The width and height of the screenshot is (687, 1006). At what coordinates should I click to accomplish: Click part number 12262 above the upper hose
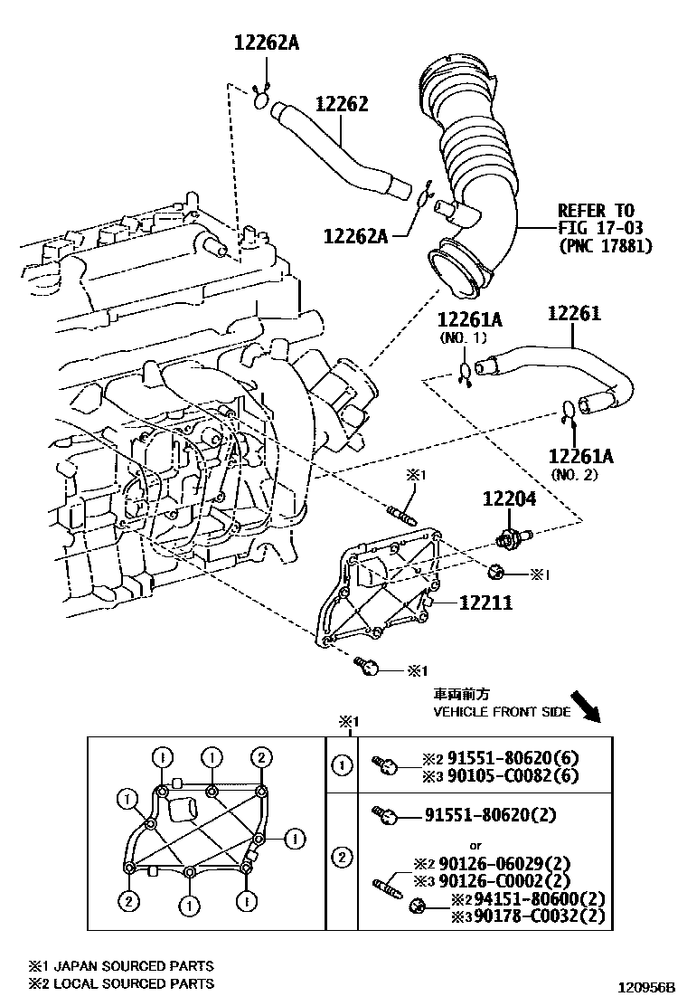343,104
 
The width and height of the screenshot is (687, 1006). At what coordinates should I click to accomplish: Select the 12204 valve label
510,498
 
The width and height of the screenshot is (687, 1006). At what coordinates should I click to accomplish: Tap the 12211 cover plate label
485,603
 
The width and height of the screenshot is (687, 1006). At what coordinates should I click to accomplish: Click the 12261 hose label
574,313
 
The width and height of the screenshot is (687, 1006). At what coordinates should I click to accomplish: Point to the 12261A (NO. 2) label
580,463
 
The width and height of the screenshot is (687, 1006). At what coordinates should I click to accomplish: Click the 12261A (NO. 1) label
470,327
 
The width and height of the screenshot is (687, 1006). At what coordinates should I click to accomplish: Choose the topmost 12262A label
267,43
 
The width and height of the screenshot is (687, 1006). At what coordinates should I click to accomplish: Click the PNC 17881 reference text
605,245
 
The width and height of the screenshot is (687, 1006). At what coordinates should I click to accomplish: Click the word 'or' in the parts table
475,846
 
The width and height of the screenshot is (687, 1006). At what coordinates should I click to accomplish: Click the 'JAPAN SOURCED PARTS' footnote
133,965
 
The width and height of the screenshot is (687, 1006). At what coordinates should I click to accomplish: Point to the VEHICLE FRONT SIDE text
502,711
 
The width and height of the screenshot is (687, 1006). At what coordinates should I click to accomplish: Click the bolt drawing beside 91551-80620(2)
386,815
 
